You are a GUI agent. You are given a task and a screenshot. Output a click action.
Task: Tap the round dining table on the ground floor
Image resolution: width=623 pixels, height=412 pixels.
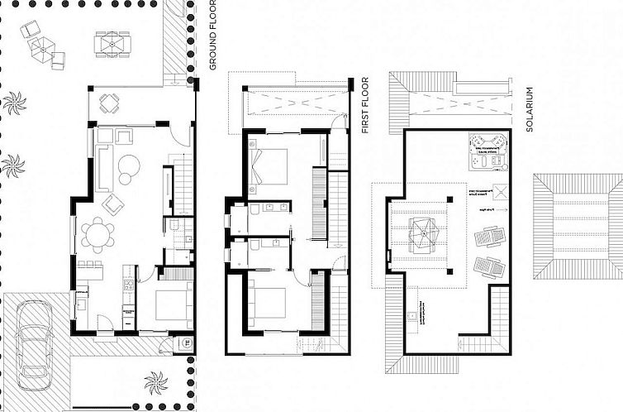(x=99, y=235)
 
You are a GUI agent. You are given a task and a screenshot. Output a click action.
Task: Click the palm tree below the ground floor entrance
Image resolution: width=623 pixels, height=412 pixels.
(x=155, y=382)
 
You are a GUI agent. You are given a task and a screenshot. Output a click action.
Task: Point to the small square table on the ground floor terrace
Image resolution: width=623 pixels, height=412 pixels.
(x=109, y=103)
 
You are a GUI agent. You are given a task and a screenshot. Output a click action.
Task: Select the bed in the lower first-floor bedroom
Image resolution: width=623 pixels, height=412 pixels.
(x=269, y=304)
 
